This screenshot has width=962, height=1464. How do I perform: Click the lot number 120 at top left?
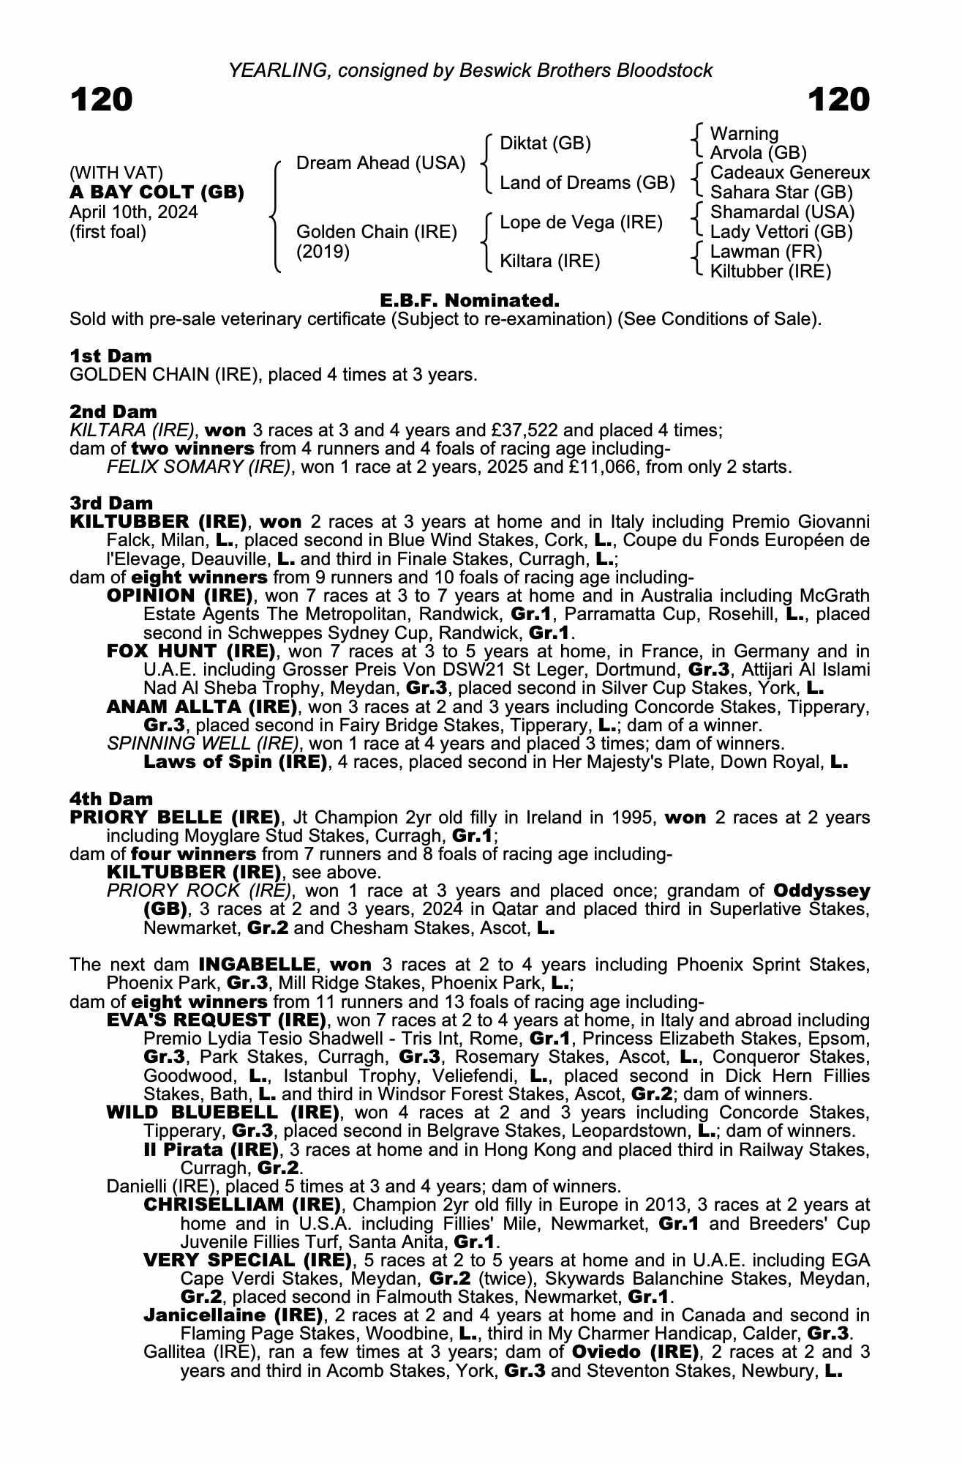(x=101, y=100)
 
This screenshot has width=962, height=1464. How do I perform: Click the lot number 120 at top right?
(x=839, y=100)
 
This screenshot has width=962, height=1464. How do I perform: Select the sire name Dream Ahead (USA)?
(x=380, y=163)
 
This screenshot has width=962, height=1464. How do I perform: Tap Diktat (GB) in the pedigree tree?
(x=545, y=143)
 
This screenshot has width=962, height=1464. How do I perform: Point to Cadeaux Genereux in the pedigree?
(x=790, y=173)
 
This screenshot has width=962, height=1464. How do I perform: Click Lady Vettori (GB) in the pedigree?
(x=781, y=232)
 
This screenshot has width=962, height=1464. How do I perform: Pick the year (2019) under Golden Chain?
(x=323, y=252)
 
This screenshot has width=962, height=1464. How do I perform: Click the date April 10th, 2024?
(x=134, y=212)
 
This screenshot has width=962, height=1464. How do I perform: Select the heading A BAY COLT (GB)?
(x=157, y=193)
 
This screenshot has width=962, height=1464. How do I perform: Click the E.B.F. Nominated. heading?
(x=470, y=300)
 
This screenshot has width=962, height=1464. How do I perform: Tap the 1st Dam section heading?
(x=110, y=356)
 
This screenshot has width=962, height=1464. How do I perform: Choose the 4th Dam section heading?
(x=111, y=799)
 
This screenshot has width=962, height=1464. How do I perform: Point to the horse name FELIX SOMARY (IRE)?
(x=198, y=467)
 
